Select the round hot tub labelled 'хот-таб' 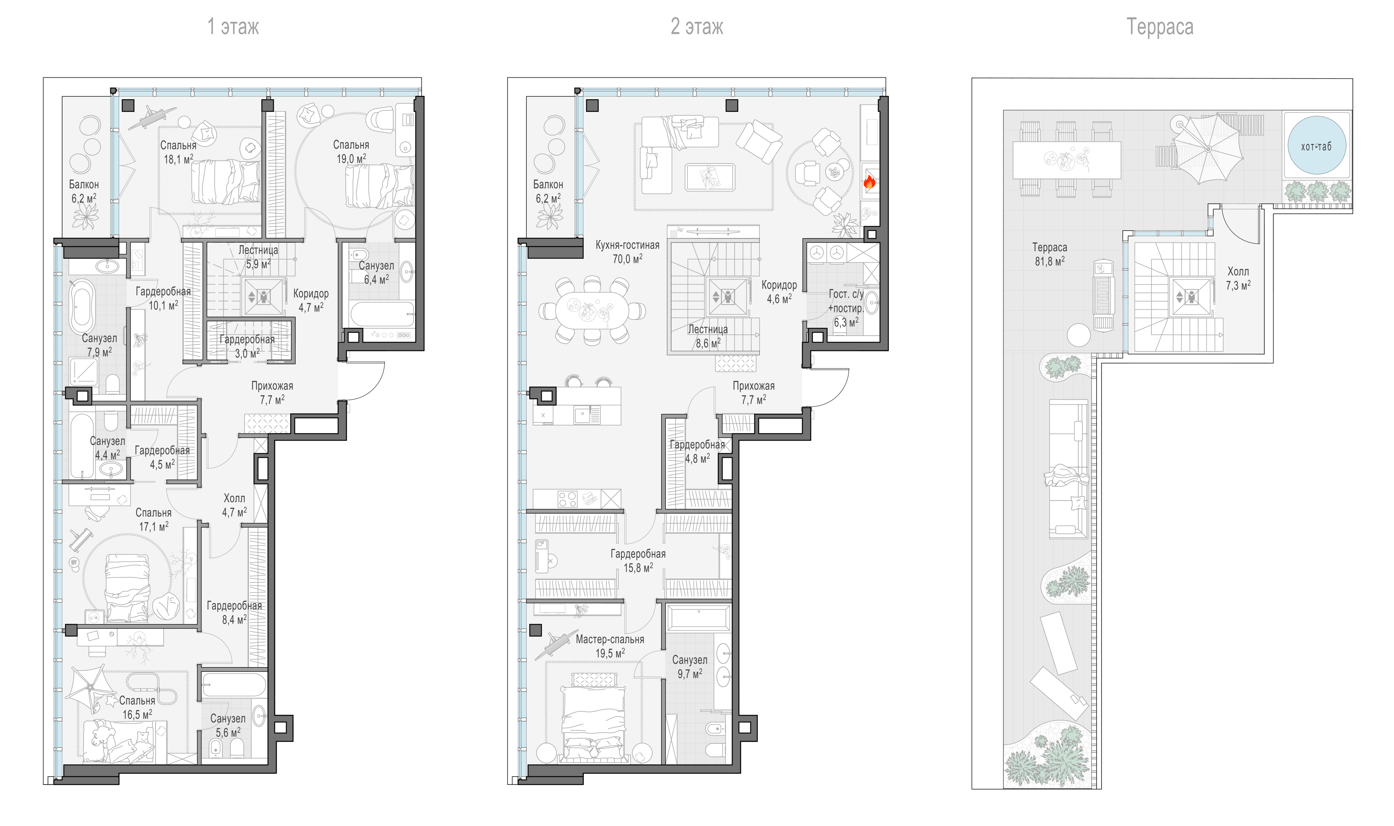click(1317, 146)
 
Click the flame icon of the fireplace click(869, 181)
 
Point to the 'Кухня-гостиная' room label click(627, 245)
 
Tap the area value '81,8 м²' click(1050, 261)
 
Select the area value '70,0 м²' click(627, 259)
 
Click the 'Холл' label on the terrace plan click(1238, 272)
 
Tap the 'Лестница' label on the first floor click(258, 250)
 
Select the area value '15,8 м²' click(638, 568)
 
